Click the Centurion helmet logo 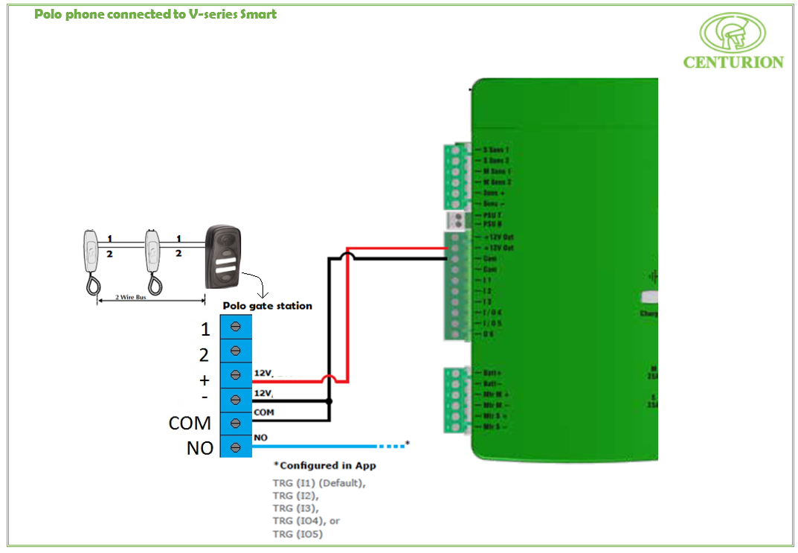click(733, 33)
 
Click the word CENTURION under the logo click(733, 63)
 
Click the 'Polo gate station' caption click(267, 306)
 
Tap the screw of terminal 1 click(236, 327)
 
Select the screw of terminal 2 click(236, 351)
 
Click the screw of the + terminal click(236, 374)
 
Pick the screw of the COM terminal click(236, 423)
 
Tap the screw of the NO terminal click(236, 447)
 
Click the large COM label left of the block click(190, 423)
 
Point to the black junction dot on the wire click(330, 400)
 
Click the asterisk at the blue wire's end click(408, 444)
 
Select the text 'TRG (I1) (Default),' click(320, 483)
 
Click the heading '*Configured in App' click(325, 465)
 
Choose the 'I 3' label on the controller click(487, 301)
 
